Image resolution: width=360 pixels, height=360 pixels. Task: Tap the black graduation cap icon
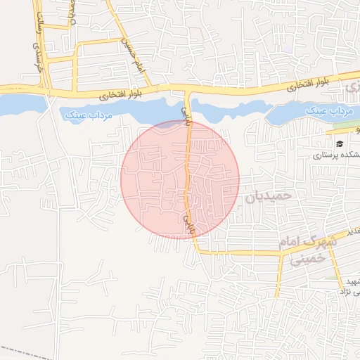[340, 143]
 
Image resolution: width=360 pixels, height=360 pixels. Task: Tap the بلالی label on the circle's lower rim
[188, 224]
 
